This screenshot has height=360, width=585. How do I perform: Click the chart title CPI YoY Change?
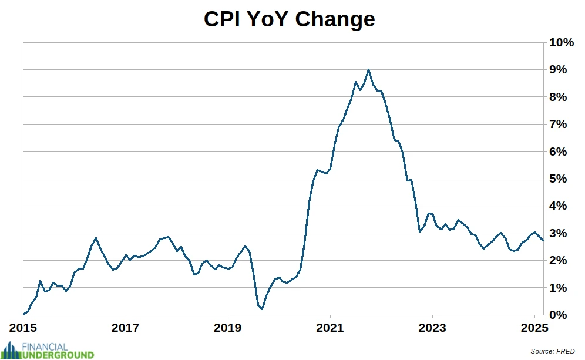[x=289, y=19]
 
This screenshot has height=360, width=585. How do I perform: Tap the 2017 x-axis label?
[x=126, y=328]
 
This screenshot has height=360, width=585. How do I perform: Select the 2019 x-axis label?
[x=228, y=328]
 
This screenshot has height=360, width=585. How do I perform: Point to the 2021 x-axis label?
[x=330, y=328]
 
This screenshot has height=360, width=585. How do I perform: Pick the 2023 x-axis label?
[x=432, y=328]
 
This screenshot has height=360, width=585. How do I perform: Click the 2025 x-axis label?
[x=534, y=328]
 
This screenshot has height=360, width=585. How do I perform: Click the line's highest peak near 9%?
[x=368, y=69]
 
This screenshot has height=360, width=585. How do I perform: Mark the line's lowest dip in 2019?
[x=262, y=308]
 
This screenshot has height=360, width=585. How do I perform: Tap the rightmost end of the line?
[x=543, y=240]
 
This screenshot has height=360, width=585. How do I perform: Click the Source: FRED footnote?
[x=552, y=351]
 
